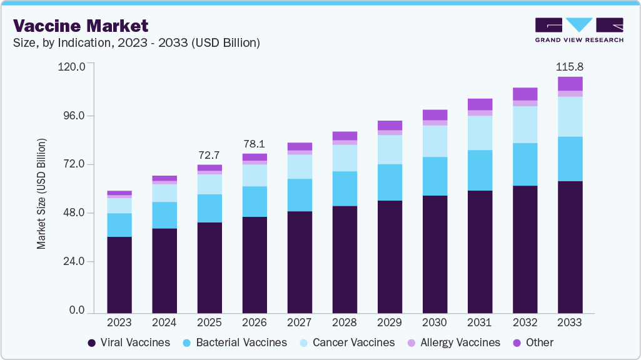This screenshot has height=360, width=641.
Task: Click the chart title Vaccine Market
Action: [81, 26]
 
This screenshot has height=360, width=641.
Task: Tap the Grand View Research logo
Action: [578, 29]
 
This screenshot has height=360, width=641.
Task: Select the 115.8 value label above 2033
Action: [570, 66]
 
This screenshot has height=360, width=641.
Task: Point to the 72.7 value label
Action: [209, 154]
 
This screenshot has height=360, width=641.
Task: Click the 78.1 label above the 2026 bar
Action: [255, 143]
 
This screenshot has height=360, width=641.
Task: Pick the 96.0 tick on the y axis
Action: [73, 116]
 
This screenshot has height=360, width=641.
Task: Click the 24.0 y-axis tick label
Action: [73, 262]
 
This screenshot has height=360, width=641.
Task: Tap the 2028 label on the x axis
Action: [345, 322]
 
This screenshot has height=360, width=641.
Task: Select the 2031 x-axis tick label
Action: [480, 322]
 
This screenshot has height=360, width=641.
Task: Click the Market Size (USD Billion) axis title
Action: [42, 194]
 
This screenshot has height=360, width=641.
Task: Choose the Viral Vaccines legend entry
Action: [128, 342]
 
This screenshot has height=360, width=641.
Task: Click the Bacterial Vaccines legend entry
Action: [235, 342]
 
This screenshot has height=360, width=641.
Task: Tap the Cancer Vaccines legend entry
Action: [346, 342]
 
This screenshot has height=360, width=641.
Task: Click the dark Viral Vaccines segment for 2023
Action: [119, 274]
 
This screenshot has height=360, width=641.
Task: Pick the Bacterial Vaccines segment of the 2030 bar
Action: [435, 176]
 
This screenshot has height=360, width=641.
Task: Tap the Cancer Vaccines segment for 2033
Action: [570, 117]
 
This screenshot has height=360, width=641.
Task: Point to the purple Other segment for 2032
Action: [525, 94]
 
